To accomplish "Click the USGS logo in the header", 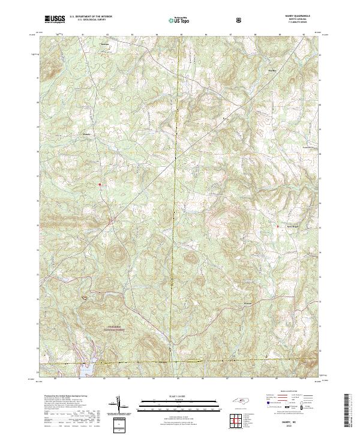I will point(55,19).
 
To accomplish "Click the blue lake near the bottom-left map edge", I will point(83,369).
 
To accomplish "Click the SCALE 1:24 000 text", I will point(179,395).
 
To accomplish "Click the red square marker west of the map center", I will point(100,184).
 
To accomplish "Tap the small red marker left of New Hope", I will point(278,226).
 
